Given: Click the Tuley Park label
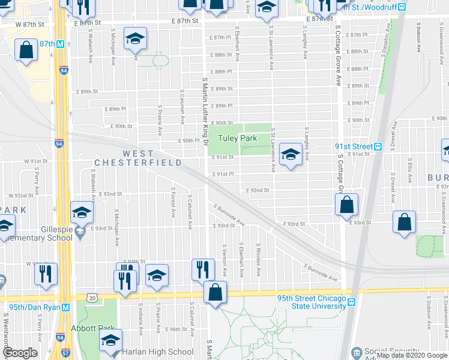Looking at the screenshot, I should click(x=237, y=139).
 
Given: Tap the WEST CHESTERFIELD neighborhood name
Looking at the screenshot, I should click(x=137, y=158).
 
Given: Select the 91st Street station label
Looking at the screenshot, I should click(x=354, y=146).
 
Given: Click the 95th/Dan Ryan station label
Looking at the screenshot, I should click(x=31, y=307).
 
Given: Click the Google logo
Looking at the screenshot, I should click(x=19, y=353).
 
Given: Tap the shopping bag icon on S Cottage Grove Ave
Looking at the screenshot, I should click(x=347, y=205).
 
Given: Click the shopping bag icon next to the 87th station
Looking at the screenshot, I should click(x=27, y=51).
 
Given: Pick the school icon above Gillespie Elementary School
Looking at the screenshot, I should click(x=82, y=213).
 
